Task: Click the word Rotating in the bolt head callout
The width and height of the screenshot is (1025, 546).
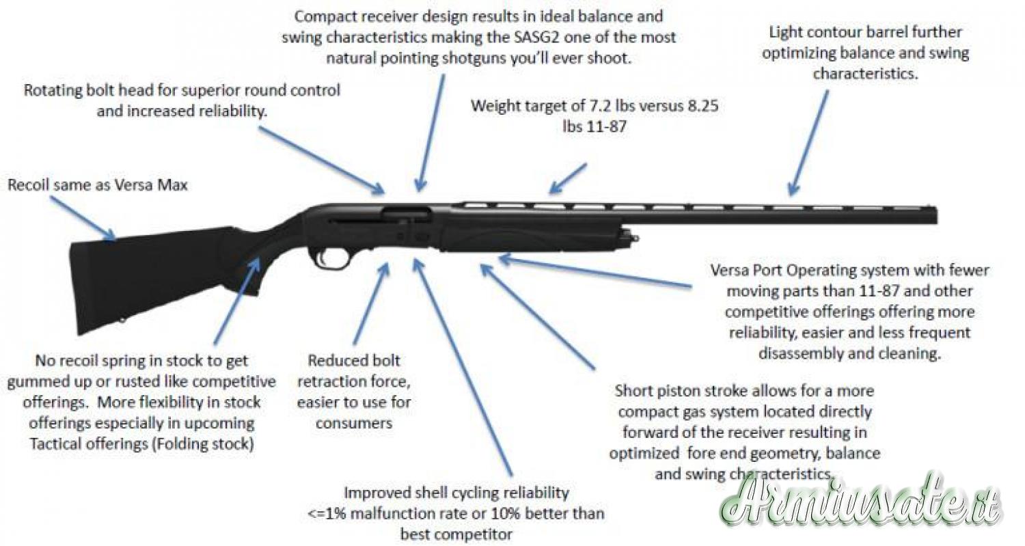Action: [x=53, y=90]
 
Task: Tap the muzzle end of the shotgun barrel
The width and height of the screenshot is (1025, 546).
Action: [x=933, y=213]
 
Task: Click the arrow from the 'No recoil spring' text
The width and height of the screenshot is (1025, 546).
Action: [x=236, y=301]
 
